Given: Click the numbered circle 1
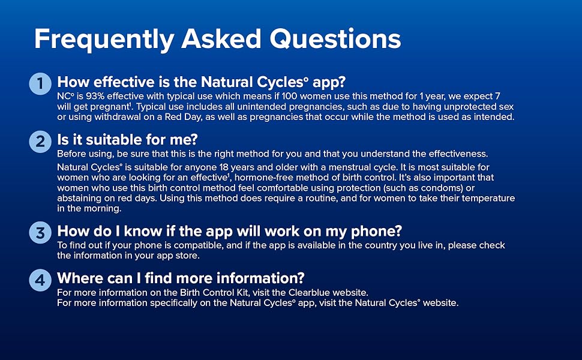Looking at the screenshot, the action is (x=40, y=83).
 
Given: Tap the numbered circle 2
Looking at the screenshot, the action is (x=40, y=142).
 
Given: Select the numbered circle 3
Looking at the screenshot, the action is (x=40, y=233).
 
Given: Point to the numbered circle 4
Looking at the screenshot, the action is (x=40, y=280).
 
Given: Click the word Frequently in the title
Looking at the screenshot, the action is (x=104, y=40).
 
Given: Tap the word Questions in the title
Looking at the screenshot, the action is (x=335, y=39).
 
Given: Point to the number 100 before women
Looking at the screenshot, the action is (x=290, y=96).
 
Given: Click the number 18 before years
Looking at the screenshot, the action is (x=223, y=167).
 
